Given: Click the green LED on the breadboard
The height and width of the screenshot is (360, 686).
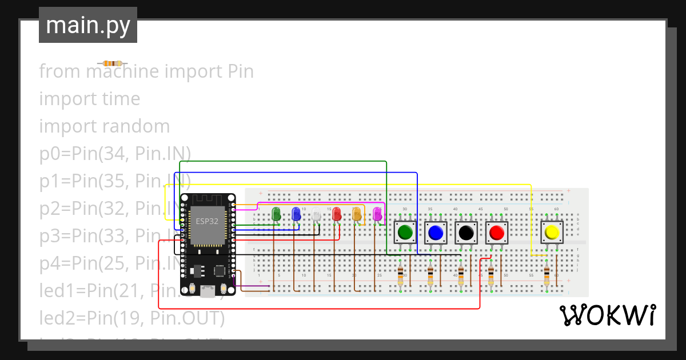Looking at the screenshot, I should click(x=276, y=214).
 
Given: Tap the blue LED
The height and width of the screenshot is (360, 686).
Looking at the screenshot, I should click(x=296, y=214).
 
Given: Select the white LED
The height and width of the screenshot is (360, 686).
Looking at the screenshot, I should click(x=316, y=215).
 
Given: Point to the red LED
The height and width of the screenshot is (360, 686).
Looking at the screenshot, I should click(x=336, y=214).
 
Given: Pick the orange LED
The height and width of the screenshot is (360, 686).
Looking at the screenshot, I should click(x=357, y=214).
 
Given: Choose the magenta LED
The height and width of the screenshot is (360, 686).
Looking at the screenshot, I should click(x=377, y=214).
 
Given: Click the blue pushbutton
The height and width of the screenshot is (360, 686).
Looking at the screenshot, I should click(x=436, y=233).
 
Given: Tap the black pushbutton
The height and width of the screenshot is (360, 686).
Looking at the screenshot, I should click(x=466, y=233).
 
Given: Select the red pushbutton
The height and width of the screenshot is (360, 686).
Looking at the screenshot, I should click(x=496, y=233).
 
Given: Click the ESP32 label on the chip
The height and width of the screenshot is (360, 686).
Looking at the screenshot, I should click(x=206, y=221).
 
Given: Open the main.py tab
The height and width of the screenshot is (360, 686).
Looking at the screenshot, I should click(x=88, y=26).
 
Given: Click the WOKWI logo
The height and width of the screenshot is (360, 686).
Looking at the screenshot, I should click(x=607, y=315).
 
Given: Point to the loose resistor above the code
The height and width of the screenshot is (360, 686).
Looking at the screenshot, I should click(x=112, y=63).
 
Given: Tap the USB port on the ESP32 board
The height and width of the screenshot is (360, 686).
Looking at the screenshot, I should click(x=208, y=292).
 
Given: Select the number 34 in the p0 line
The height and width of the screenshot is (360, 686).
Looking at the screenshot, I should click(x=110, y=154).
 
